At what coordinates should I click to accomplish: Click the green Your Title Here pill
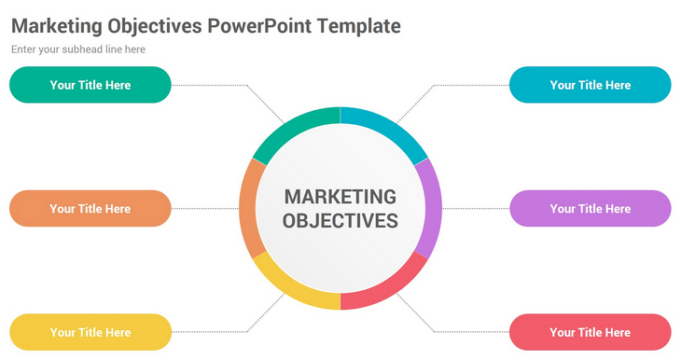point(90,85)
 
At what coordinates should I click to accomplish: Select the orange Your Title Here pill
point(90,209)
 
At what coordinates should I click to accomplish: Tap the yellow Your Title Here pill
point(90,332)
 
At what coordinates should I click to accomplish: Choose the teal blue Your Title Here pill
point(590,85)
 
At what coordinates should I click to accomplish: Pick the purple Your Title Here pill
point(590,209)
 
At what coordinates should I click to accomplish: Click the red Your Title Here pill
point(590,332)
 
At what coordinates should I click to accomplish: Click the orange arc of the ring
point(247,209)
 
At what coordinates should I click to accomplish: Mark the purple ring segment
point(433,209)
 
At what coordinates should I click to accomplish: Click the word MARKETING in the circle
point(340,197)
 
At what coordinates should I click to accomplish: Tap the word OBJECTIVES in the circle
point(340,221)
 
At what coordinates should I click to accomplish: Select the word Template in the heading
point(359,26)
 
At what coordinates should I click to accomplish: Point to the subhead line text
point(78,49)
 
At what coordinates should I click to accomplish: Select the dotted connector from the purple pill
point(476,209)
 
